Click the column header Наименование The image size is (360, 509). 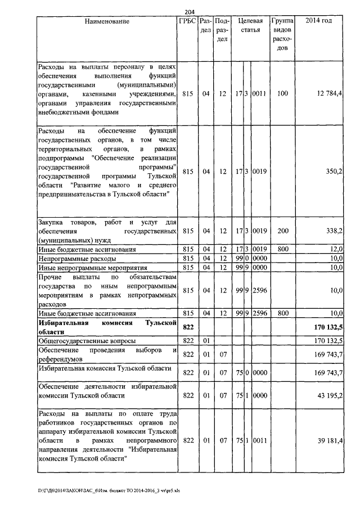(107, 21)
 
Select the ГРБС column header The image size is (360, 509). (187, 21)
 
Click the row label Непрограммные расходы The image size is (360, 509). (77, 258)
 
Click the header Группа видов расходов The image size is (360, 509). (282, 34)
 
